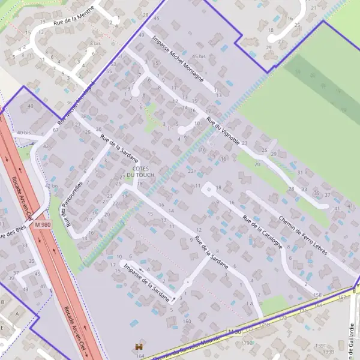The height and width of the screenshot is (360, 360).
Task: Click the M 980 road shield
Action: point(43,224)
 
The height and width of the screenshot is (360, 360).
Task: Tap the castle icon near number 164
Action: point(139,347)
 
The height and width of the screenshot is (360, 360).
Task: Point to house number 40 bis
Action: point(23,133)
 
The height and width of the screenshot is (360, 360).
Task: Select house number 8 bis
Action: point(95,44)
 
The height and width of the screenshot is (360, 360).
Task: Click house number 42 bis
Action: point(52,187)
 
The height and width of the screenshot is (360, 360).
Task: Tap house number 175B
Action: point(264,325)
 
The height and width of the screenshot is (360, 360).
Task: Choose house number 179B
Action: point(247,343)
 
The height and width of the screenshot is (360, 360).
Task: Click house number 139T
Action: point(322,346)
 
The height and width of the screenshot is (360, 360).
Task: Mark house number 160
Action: point(187,321)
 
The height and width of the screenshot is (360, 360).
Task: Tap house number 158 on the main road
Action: point(317,295)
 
